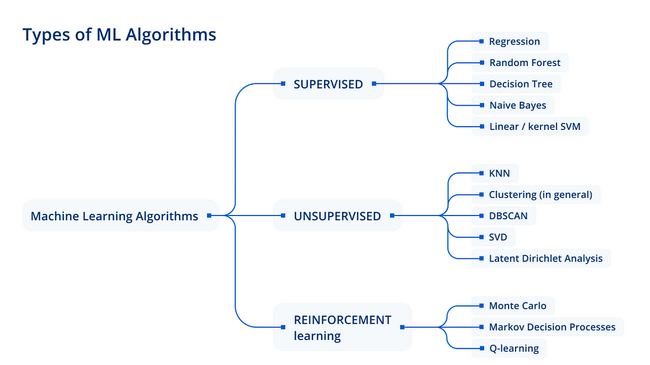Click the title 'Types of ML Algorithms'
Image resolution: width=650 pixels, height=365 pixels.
(119, 35)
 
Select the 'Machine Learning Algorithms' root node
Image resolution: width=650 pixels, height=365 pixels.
(114, 216)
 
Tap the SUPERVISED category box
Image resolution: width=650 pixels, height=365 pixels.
(328, 84)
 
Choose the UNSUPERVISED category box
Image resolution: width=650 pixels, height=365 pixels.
(337, 216)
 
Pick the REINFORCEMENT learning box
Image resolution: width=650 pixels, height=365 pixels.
(342, 327)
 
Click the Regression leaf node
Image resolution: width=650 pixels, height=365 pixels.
(514, 41)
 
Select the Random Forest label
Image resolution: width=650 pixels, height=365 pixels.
(525, 63)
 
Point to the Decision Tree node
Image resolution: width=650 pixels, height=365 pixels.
(521, 84)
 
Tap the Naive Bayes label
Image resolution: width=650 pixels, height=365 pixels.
(517, 105)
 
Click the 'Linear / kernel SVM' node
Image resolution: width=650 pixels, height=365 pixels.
(534, 127)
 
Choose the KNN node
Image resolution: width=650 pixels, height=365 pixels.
(498, 173)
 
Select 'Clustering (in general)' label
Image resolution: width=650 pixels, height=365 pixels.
(540, 194)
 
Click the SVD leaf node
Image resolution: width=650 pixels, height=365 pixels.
(498, 237)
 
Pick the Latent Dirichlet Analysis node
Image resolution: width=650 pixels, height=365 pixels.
(545, 258)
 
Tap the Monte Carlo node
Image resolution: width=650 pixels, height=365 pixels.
(517, 305)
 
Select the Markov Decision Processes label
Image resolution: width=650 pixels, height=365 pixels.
(552, 327)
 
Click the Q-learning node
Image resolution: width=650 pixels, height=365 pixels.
(513, 348)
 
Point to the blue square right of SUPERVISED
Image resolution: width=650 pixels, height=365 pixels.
(373, 84)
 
